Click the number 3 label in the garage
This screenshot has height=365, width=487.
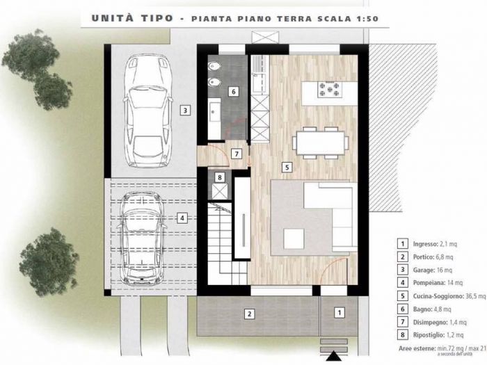pos(184,110)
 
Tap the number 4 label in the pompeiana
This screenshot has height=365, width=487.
pos(182,218)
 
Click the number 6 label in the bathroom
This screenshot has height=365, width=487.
pos(234,91)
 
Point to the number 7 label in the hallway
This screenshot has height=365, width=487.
pos(237,154)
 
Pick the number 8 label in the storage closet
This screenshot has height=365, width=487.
pos(220,178)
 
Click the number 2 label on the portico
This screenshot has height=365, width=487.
pos(248,314)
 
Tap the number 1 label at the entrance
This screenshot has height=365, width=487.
pos(339,314)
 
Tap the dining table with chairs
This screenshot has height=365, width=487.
pos(320,143)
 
